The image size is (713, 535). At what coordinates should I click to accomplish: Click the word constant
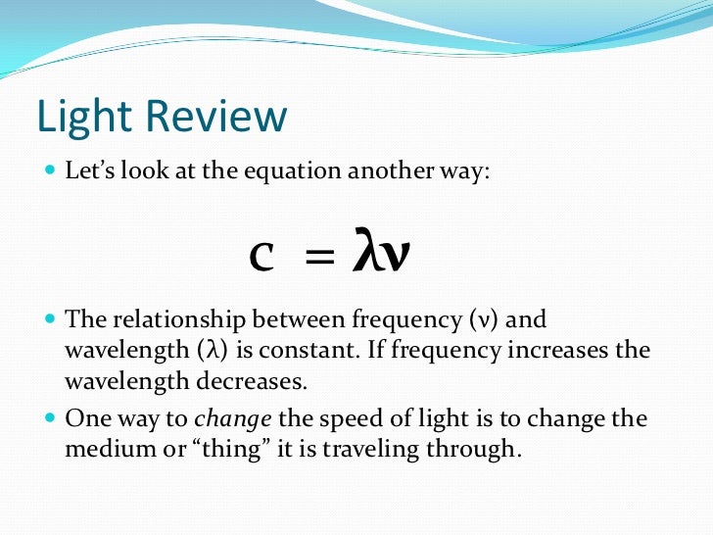pos(285,350)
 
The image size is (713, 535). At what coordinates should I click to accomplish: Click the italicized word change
pos(233,418)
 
